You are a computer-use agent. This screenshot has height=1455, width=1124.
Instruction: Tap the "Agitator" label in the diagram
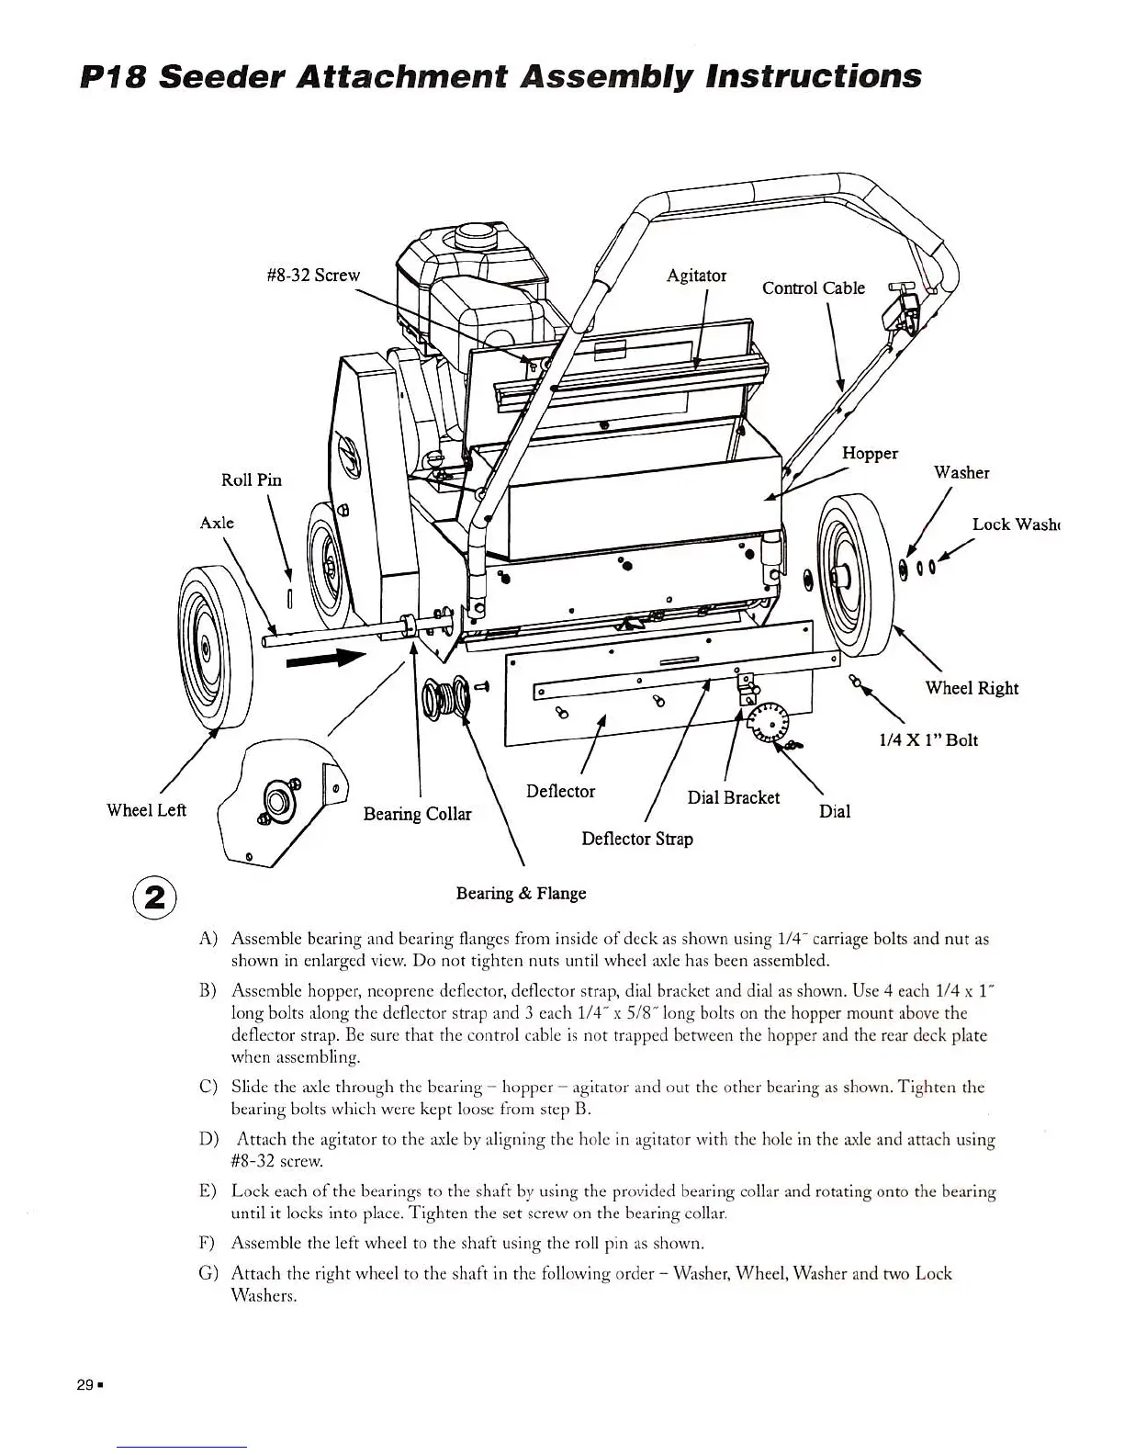[696, 275]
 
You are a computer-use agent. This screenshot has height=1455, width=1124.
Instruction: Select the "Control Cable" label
[813, 288]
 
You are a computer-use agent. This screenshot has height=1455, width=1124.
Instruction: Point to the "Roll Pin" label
[252, 479]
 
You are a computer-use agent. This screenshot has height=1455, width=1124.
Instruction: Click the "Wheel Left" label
[146, 809]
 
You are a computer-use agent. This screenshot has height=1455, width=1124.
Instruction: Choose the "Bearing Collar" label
[417, 814]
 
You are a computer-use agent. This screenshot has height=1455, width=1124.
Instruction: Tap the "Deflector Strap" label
[637, 839]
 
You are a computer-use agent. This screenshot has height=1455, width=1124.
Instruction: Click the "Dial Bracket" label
[733, 797]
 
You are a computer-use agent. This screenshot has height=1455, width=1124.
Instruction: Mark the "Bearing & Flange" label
[521, 893]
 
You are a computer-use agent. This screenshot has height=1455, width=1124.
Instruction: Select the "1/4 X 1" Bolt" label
[928, 739]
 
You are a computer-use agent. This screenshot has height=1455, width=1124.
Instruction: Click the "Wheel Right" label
[972, 688]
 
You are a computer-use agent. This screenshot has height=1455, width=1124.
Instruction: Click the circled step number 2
[154, 897]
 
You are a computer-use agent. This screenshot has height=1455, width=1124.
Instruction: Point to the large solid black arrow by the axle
[326, 658]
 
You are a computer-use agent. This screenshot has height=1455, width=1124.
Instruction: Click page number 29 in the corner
[84, 1385]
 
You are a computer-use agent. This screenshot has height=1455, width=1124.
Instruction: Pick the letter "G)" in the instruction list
[208, 1273]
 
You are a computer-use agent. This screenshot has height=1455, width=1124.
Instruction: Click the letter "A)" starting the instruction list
[208, 939]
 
